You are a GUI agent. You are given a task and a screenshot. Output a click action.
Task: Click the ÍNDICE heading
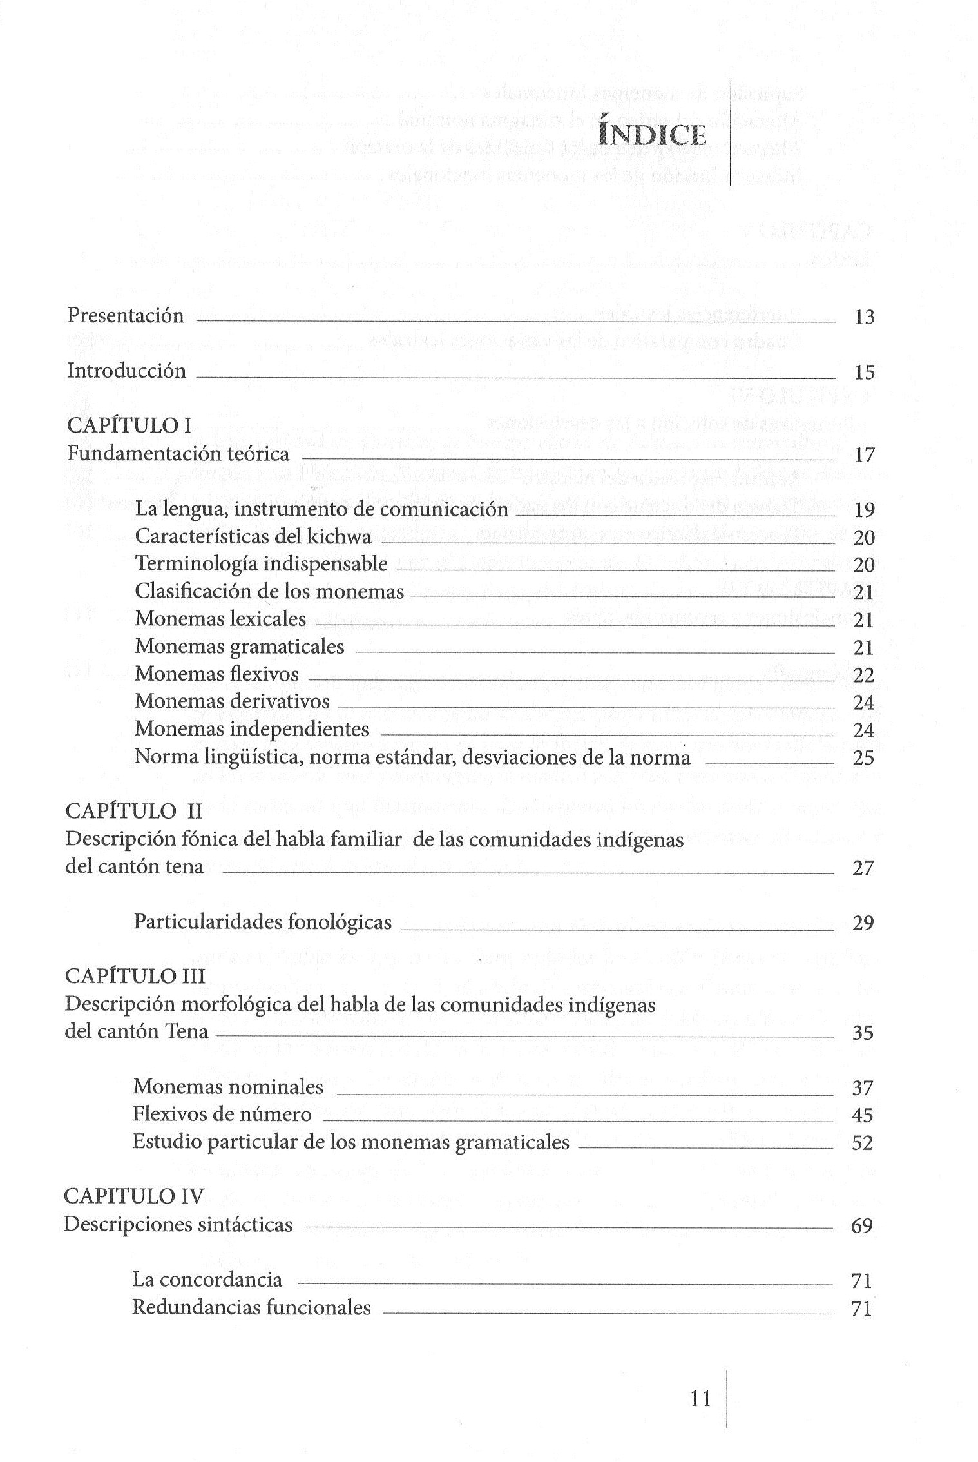[651, 135]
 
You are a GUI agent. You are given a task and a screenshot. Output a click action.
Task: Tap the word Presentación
[126, 316]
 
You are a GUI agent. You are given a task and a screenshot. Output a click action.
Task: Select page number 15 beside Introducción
[864, 372]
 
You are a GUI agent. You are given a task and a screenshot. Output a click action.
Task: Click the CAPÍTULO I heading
[129, 425]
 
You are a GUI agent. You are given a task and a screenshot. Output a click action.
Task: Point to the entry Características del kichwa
[253, 537]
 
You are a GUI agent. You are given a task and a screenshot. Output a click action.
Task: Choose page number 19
[864, 511]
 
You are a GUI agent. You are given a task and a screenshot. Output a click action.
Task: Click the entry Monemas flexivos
[216, 674]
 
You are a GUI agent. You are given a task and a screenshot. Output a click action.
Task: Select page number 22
[864, 676]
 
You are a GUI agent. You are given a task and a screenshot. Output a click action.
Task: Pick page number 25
[864, 758]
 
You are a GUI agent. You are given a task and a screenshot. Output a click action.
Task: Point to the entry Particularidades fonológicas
[262, 922]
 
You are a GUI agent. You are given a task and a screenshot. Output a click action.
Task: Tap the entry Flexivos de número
[222, 1115]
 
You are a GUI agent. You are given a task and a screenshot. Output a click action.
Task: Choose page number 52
[863, 1144]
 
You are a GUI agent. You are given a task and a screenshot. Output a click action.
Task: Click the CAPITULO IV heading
[133, 1197]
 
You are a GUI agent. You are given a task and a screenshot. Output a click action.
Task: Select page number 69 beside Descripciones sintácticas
[862, 1226]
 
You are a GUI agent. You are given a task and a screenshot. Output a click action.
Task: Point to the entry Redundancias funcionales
[251, 1308]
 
